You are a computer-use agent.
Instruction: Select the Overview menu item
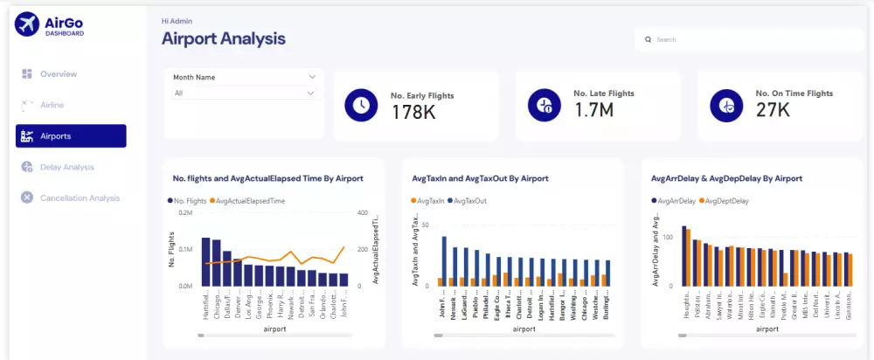[x=58, y=74]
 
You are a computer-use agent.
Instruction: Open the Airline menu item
[x=52, y=105]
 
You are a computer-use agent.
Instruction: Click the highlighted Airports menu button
[x=71, y=136]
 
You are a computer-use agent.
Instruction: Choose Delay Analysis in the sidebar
[x=66, y=167]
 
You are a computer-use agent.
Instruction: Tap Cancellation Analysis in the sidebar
[x=79, y=198]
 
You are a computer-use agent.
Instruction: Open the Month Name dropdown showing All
[x=244, y=93]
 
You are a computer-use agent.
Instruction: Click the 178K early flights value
[x=413, y=112]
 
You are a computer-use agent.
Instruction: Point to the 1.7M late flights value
[x=593, y=109]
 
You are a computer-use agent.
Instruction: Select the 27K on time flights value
[x=773, y=109]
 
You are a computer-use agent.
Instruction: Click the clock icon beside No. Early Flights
[x=360, y=105]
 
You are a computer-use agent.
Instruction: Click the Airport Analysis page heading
[x=224, y=39]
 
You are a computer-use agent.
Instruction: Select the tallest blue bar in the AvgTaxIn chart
[x=444, y=261]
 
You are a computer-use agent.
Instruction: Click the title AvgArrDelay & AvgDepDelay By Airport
[x=726, y=178]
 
